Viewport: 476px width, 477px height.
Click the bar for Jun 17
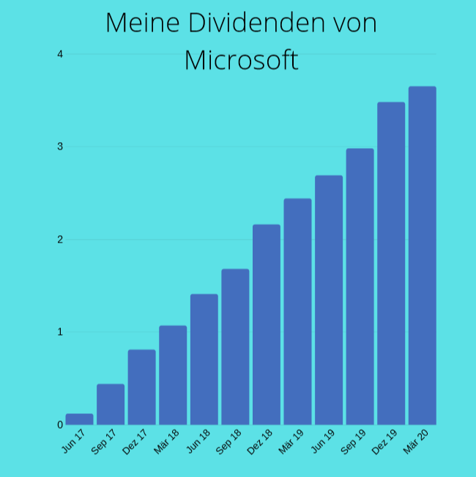pyautogui.click(x=79, y=419)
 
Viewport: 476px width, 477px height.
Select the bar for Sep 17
pyautogui.click(x=111, y=404)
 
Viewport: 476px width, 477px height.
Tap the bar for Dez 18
pyautogui.click(x=267, y=325)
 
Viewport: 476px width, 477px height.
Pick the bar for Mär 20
pyautogui.click(x=423, y=256)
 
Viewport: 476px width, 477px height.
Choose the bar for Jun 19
pyautogui.click(x=329, y=300)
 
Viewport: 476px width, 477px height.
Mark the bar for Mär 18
pyautogui.click(x=173, y=375)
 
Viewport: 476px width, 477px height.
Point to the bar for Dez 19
pyautogui.click(x=391, y=263)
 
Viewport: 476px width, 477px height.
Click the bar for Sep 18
pyautogui.click(x=235, y=347)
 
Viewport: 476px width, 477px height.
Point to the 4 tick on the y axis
pyautogui.click(x=61, y=54)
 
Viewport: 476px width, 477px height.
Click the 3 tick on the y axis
pyautogui.click(x=61, y=147)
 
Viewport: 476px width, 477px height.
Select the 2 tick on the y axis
pyautogui.click(x=61, y=240)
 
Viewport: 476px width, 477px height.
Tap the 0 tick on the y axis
pyautogui.click(x=61, y=425)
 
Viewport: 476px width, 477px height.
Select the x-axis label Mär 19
pyautogui.click(x=291, y=443)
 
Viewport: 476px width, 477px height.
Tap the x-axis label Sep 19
pyautogui.click(x=354, y=443)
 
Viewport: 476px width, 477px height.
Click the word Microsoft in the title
pyautogui.click(x=241, y=60)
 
